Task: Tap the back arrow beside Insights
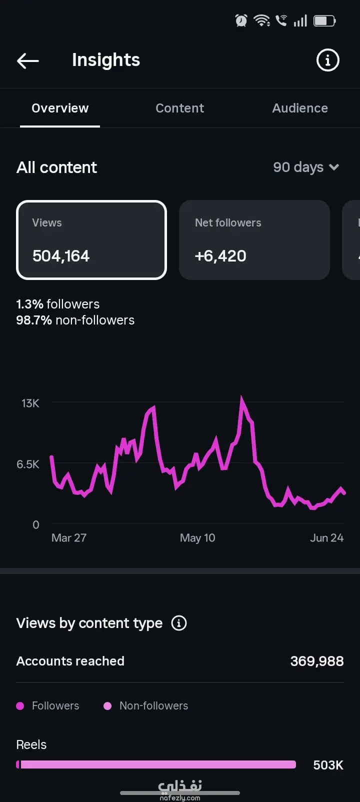click(x=28, y=60)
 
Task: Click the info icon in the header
click(x=327, y=60)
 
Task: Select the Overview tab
click(x=60, y=108)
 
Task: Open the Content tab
click(x=180, y=108)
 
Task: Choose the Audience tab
click(x=300, y=108)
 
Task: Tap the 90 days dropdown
click(x=306, y=167)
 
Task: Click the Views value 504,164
click(x=61, y=256)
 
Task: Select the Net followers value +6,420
click(x=220, y=256)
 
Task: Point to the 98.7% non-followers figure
click(x=75, y=320)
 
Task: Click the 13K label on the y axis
click(x=30, y=403)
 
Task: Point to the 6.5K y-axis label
click(x=28, y=464)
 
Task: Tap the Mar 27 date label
click(x=69, y=538)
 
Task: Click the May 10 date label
click(x=197, y=538)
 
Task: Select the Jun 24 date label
click(x=326, y=538)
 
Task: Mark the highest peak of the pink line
click(x=242, y=397)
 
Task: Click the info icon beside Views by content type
click(x=179, y=623)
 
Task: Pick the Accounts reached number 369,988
click(x=317, y=661)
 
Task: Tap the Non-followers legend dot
click(x=107, y=705)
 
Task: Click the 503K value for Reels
click(x=328, y=765)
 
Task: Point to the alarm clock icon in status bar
click(x=241, y=21)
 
